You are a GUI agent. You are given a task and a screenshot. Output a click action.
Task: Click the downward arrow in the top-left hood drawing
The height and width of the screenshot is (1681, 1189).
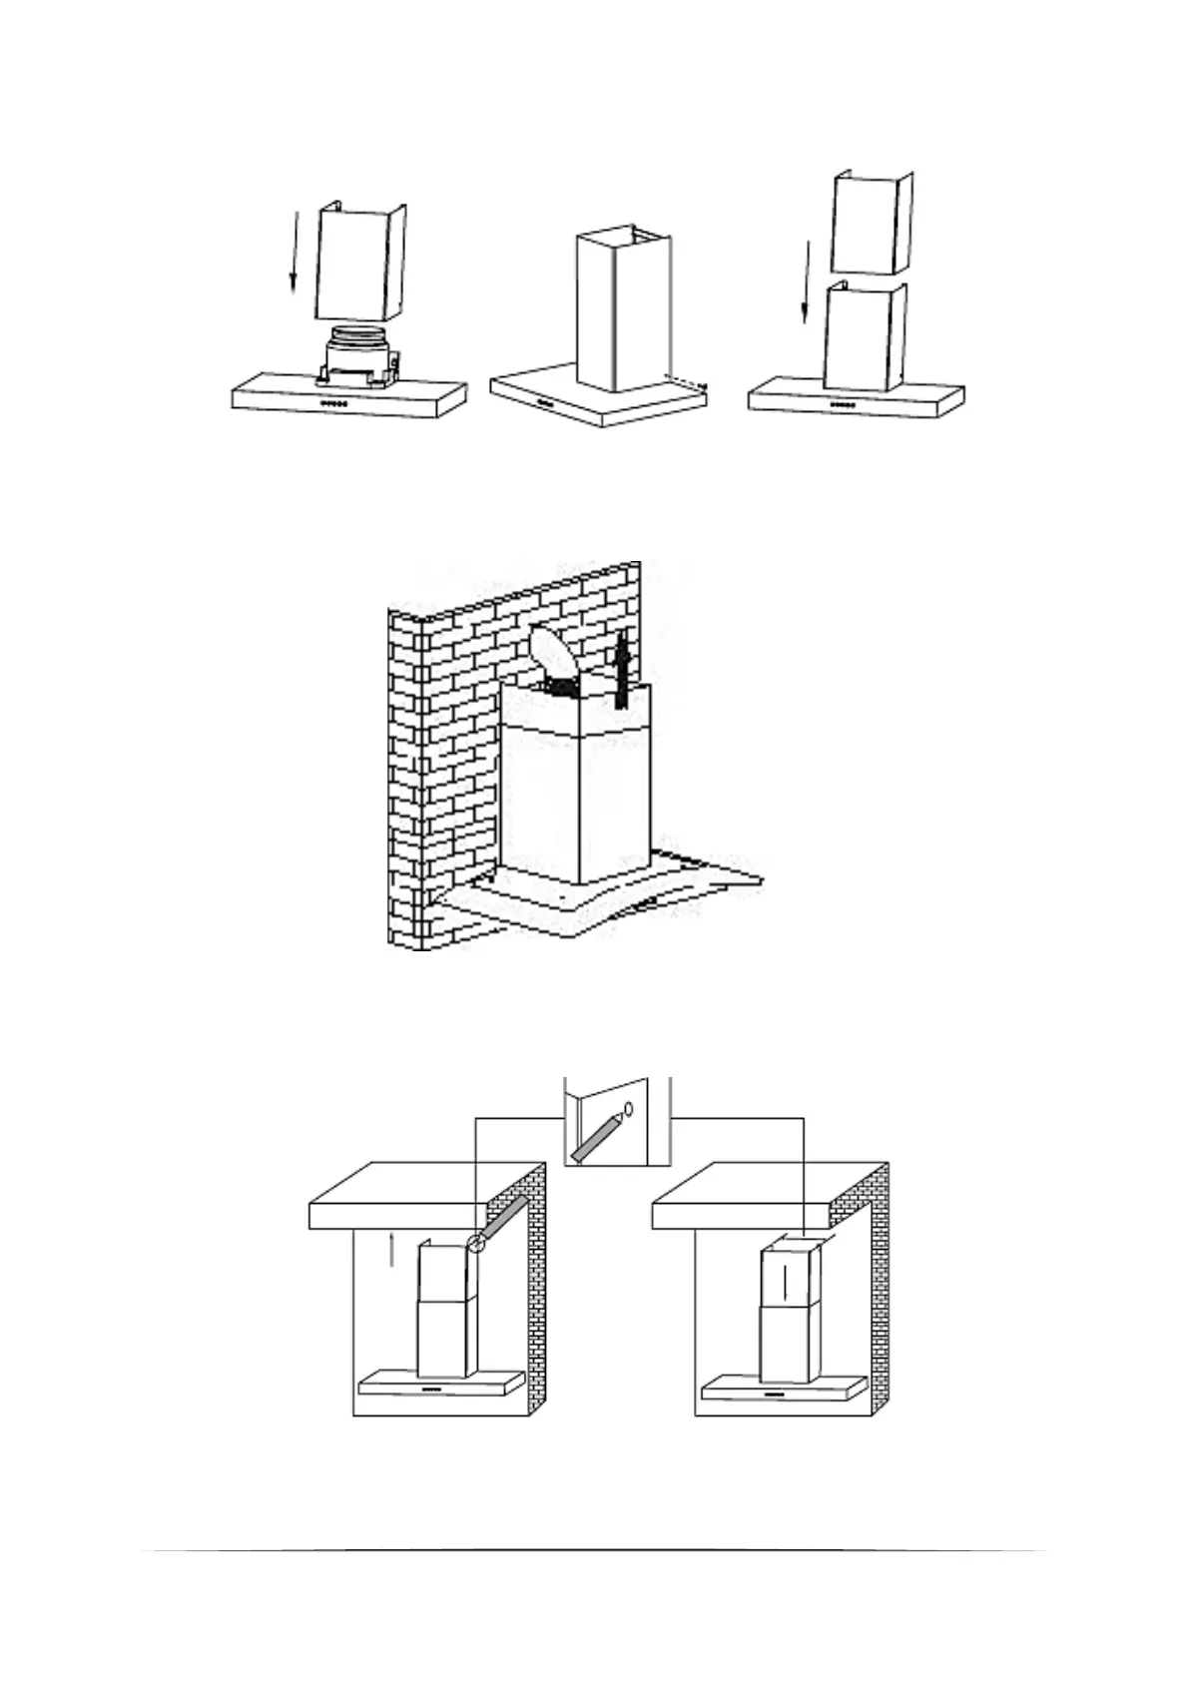tap(293, 255)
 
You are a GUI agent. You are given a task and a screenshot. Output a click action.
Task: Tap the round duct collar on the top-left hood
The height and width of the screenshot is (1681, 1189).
tap(357, 335)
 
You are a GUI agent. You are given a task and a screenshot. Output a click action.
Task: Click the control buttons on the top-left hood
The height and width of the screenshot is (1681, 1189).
tap(334, 404)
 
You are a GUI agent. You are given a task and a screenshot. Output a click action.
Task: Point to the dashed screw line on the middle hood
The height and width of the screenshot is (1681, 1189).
tap(687, 381)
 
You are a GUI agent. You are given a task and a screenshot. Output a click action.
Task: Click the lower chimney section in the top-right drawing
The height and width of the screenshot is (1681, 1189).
tap(865, 337)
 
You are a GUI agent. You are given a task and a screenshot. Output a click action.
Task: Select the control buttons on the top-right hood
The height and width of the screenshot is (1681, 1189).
tap(844, 404)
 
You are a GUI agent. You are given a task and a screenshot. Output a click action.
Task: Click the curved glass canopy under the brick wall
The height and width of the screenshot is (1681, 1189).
tap(599, 903)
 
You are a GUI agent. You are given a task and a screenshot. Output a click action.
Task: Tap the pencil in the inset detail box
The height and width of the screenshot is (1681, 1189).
tap(596, 1138)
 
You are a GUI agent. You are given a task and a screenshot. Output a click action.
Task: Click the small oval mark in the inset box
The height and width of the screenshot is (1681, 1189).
tap(629, 1106)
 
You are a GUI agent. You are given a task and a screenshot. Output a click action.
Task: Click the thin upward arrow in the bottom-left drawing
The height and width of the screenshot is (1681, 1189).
tap(392, 1248)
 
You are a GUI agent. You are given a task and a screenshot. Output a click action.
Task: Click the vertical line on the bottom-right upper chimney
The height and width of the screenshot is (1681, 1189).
tap(786, 1283)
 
